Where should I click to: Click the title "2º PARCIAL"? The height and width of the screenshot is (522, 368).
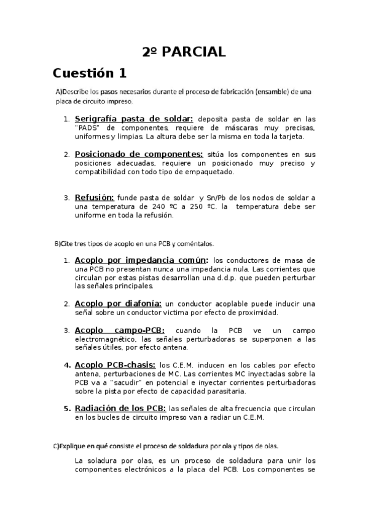click(184, 51)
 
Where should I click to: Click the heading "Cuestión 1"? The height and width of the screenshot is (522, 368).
click(90, 73)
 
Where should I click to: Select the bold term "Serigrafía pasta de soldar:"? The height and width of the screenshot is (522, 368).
click(134, 119)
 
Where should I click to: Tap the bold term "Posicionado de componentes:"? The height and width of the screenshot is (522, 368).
click(138, 154)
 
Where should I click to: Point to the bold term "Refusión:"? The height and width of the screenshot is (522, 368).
click(94, 198)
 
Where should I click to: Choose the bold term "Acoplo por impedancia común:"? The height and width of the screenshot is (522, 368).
click(141, 260)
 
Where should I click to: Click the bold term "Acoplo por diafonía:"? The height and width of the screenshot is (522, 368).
click(118, 303)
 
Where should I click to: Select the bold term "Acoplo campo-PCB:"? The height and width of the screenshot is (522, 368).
click(119, 330)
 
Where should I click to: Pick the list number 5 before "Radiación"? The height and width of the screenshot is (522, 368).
click(67, 408)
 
